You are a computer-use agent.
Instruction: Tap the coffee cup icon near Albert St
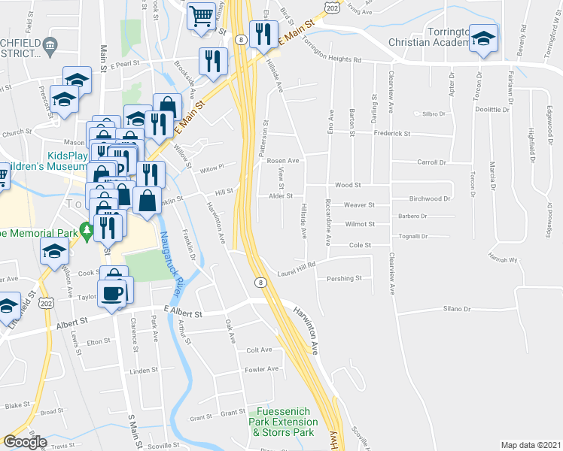(x=114, y=293)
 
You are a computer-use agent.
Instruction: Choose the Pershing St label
(x=345, y=278)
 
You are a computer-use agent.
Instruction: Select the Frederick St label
(x=391, y=134)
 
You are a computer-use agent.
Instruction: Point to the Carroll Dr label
(x=432, y=162)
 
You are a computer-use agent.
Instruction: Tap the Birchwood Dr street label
(x=429, y=199)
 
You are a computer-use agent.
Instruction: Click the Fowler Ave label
(x=263, y=369)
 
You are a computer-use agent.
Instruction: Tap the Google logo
(x=25, y=442)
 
